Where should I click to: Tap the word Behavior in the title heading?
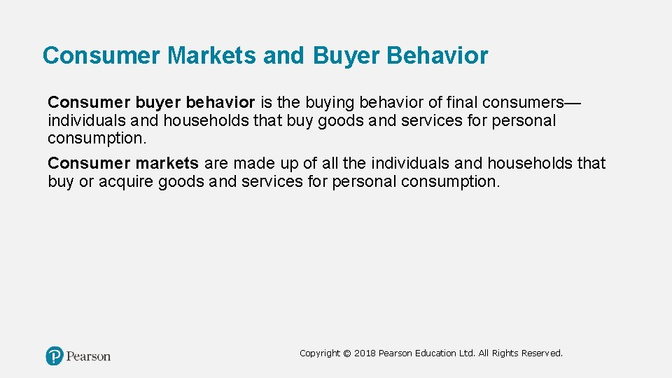(x=437, y=55)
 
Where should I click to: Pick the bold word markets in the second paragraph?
(x=167, y=163)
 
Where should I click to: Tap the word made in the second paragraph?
(x=253, y=163)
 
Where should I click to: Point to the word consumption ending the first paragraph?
(x=97, y=138)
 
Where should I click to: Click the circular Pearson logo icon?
(x=55, y=356)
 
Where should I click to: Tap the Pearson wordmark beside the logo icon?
(x=88, y=356)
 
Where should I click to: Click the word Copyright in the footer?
(x=320, y=353)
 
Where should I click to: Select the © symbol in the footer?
(x=347, y=353)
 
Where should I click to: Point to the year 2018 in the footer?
(x=365, y=353)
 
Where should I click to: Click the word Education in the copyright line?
(x=436, y=353)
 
